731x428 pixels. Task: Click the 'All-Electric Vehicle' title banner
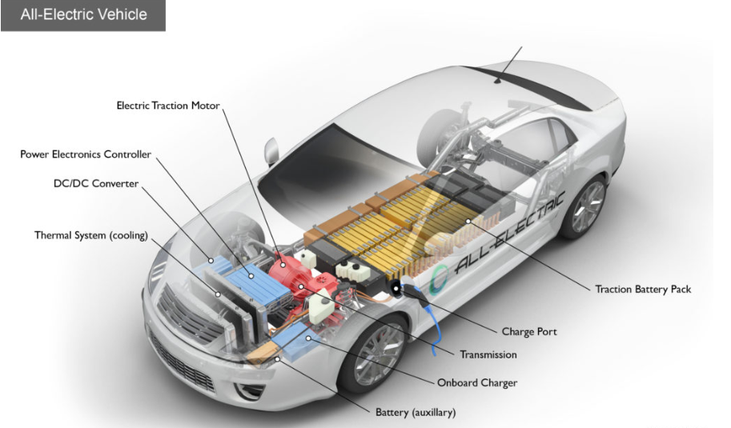click(83, 14)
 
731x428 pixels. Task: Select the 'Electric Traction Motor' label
click(167, 105)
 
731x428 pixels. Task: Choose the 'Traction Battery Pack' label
click(642, 289)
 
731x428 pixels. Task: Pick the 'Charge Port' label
click(528, 331)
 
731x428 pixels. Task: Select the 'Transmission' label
click(488, 354)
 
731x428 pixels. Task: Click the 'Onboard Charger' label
click(476, 382)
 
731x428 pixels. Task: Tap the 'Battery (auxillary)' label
click(416, 413)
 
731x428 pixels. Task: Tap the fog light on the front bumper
click(251, 391)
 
